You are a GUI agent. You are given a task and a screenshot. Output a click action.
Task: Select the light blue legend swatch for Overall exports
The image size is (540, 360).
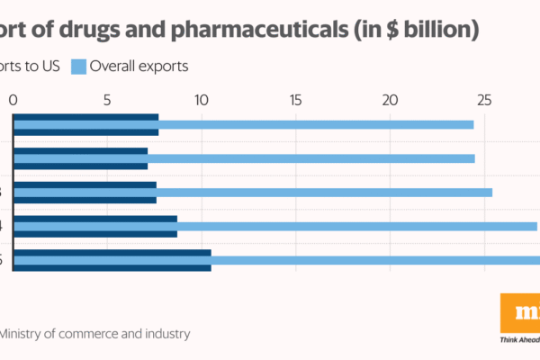click(76, 66)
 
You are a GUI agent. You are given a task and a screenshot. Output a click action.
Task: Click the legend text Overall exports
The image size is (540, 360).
click(139, 66)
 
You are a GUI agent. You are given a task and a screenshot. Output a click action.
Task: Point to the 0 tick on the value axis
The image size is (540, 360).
click(13, 100)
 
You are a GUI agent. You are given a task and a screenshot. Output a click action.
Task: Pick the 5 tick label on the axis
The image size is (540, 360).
click(107, 100)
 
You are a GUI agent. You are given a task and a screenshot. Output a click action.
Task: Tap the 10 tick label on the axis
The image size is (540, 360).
click(201, 100)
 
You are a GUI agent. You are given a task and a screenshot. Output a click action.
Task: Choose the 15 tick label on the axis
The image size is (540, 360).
click(295, 100)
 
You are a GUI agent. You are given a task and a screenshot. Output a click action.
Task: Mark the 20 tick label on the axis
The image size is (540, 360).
click(390, 100)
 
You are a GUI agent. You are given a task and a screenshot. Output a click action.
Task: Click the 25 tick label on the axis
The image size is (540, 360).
click(483, 100)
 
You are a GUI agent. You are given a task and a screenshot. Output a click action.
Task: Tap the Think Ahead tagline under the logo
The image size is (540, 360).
click(519, 341)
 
